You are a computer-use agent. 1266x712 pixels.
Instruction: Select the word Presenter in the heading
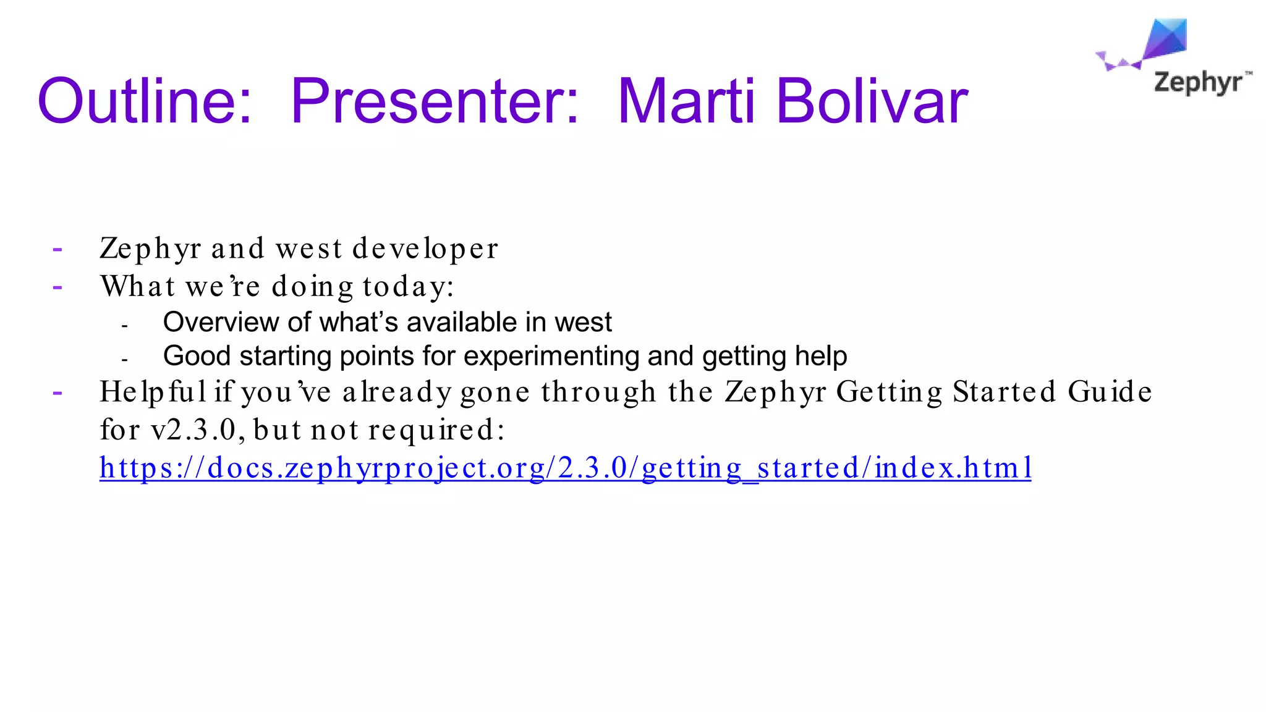435,101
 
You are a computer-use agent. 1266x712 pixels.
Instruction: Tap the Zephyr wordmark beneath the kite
1198,83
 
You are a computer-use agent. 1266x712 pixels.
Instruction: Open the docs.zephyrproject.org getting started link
565,468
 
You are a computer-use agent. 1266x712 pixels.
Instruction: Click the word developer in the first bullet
425,249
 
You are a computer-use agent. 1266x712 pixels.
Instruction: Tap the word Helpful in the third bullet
153,392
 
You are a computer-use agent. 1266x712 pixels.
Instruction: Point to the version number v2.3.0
197,430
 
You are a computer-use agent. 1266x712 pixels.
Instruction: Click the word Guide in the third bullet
1110,392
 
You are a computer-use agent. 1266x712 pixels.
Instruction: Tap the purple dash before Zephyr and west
57,250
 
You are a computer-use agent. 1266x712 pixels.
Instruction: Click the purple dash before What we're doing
57,287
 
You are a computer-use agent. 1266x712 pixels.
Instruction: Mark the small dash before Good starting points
125,359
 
